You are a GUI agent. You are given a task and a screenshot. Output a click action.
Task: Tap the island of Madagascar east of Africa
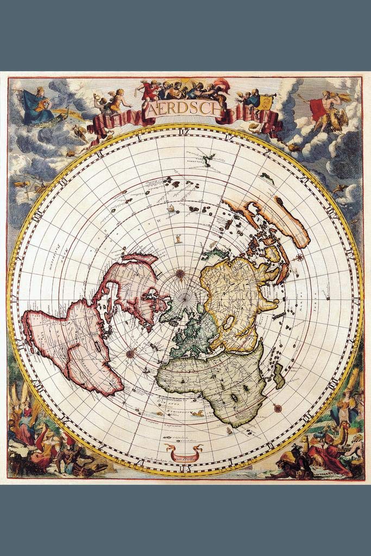(279, 376)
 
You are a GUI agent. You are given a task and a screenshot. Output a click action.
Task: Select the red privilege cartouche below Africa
(184, 450)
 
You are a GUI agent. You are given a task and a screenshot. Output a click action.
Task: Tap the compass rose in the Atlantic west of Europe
(130, 353)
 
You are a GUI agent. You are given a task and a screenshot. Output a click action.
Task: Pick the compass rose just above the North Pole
(180, 274)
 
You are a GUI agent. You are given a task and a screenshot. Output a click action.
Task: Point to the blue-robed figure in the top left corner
(38, 106)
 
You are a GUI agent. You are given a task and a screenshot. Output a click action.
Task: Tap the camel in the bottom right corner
(339, 434)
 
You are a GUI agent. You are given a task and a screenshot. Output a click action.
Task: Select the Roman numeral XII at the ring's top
(186, 131)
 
